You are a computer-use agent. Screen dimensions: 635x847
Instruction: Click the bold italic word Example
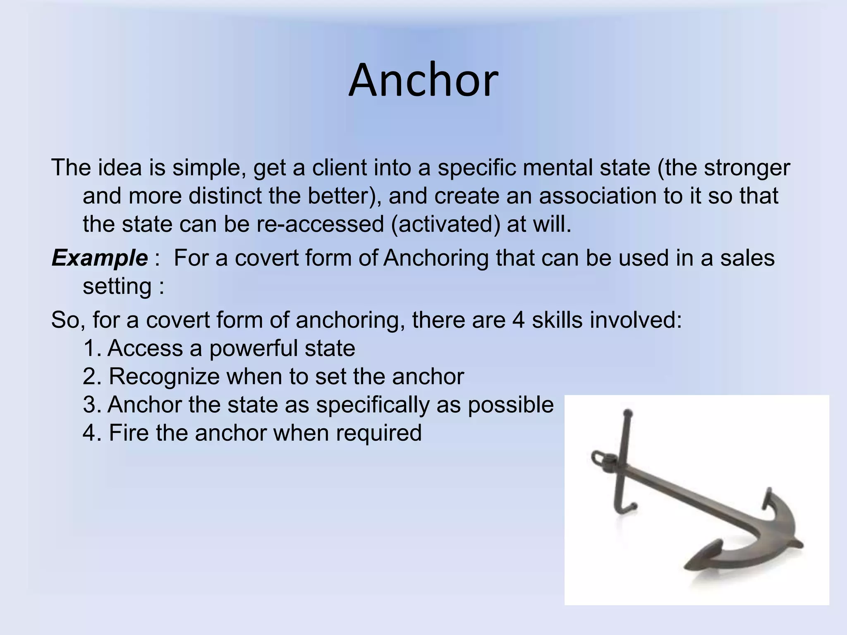coord(99,258)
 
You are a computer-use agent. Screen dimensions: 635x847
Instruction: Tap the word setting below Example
coord(117,286)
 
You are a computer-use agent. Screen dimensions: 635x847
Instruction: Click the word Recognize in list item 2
coord(164,377)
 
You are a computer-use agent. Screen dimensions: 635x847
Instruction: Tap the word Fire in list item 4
coord(129,433)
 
